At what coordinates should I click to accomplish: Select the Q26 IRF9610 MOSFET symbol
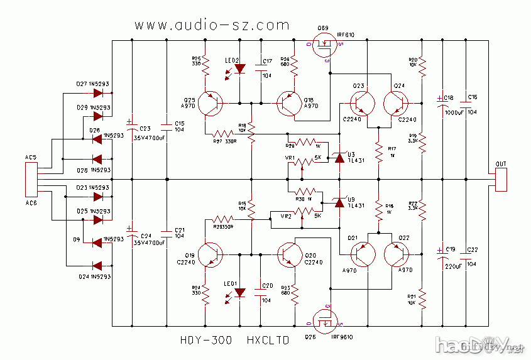click(326, 324)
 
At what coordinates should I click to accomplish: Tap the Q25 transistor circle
click(210, 103)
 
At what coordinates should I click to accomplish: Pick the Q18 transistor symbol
click(289, 103)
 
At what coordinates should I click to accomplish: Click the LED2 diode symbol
click(239, 70)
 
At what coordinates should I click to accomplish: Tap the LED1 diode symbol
click(239, 293)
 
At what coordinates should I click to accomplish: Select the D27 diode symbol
click(98, 93)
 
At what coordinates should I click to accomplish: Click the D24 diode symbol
click(98, 264)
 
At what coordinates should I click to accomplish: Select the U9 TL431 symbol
click(340, 202)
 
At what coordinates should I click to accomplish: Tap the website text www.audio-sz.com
click(212, 25)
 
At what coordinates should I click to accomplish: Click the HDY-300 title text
click(204, 341)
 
